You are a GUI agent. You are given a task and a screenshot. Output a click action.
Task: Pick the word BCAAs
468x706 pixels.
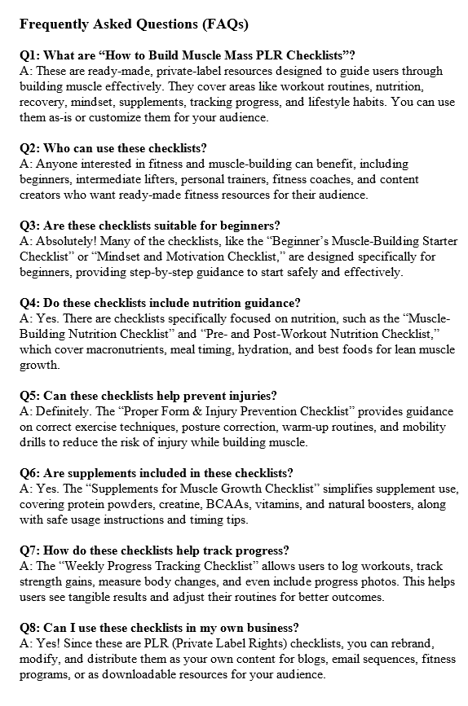[x=274, y=504]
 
